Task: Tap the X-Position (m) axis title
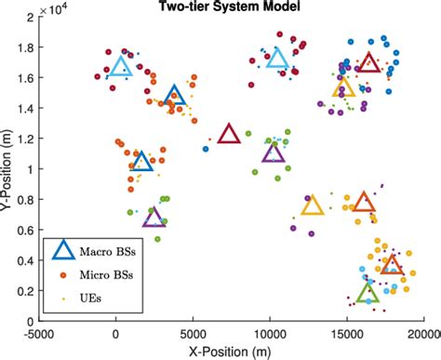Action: (232, 352)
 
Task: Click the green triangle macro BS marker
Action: (367, 294)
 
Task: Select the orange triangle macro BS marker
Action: (364, 203)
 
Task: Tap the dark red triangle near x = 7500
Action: (229, 135)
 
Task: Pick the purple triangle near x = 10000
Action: (273, 153)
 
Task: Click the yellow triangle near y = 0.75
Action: (313, 207)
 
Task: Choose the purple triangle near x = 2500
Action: (154, 219)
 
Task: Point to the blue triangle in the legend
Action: (63, 250)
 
